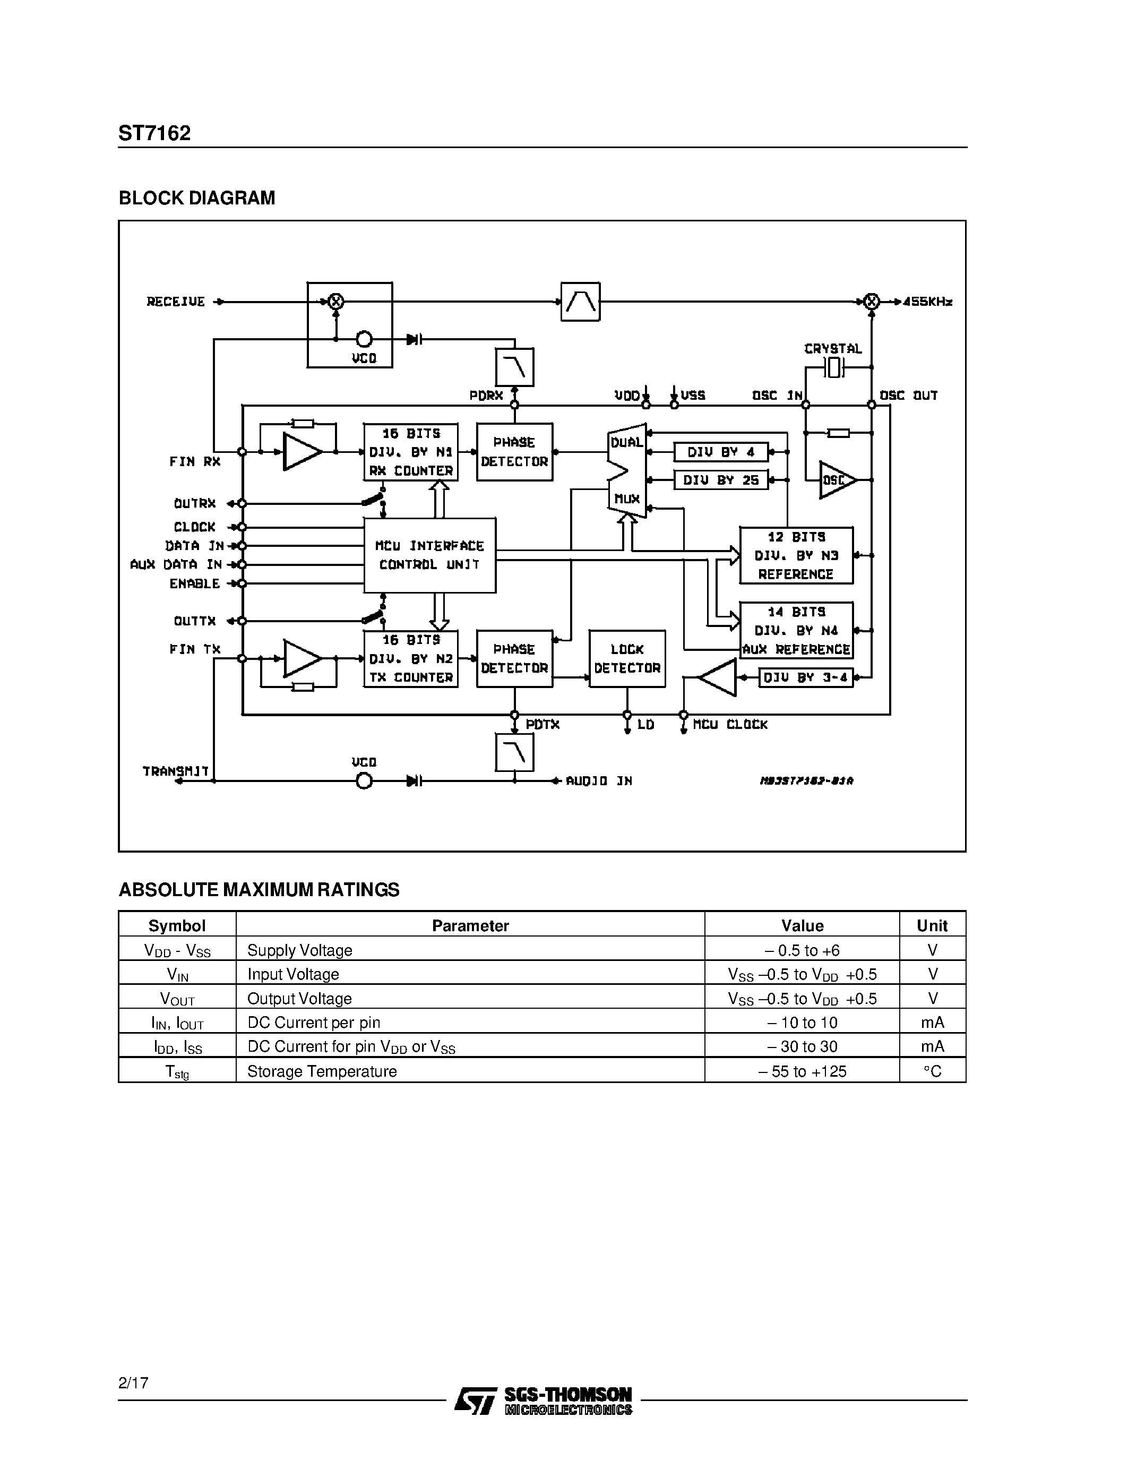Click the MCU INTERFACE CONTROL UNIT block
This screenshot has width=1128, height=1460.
coord(429,555)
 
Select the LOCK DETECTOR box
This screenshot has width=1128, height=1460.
coord(627,658)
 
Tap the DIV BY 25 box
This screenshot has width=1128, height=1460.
coord(720,480)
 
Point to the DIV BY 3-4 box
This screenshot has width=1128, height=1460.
coord(805,677)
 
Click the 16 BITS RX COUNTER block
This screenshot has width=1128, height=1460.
coord(411,452)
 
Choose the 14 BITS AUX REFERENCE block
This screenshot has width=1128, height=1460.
coord(796,630)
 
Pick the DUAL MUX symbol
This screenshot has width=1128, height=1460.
coord(627,470)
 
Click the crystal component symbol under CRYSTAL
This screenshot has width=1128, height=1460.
coord(833,367)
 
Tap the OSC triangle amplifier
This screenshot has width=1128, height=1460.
coord(836,480)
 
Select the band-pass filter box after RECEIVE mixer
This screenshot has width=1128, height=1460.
coord(580,302)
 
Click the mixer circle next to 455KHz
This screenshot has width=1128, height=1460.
coord(871,302)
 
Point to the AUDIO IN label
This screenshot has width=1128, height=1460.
coord(599,781)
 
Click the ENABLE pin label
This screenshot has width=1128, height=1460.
coord(194,583)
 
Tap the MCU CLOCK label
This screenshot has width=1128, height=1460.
coord(730,725)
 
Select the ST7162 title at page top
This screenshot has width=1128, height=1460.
coord(154,133)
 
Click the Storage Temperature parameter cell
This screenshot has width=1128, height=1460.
coord(322,1071)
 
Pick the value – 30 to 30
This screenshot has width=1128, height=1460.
coord(802,1047)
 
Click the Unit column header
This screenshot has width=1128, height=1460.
coord(932,925)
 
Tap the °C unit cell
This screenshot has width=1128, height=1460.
coord(932,1071)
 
